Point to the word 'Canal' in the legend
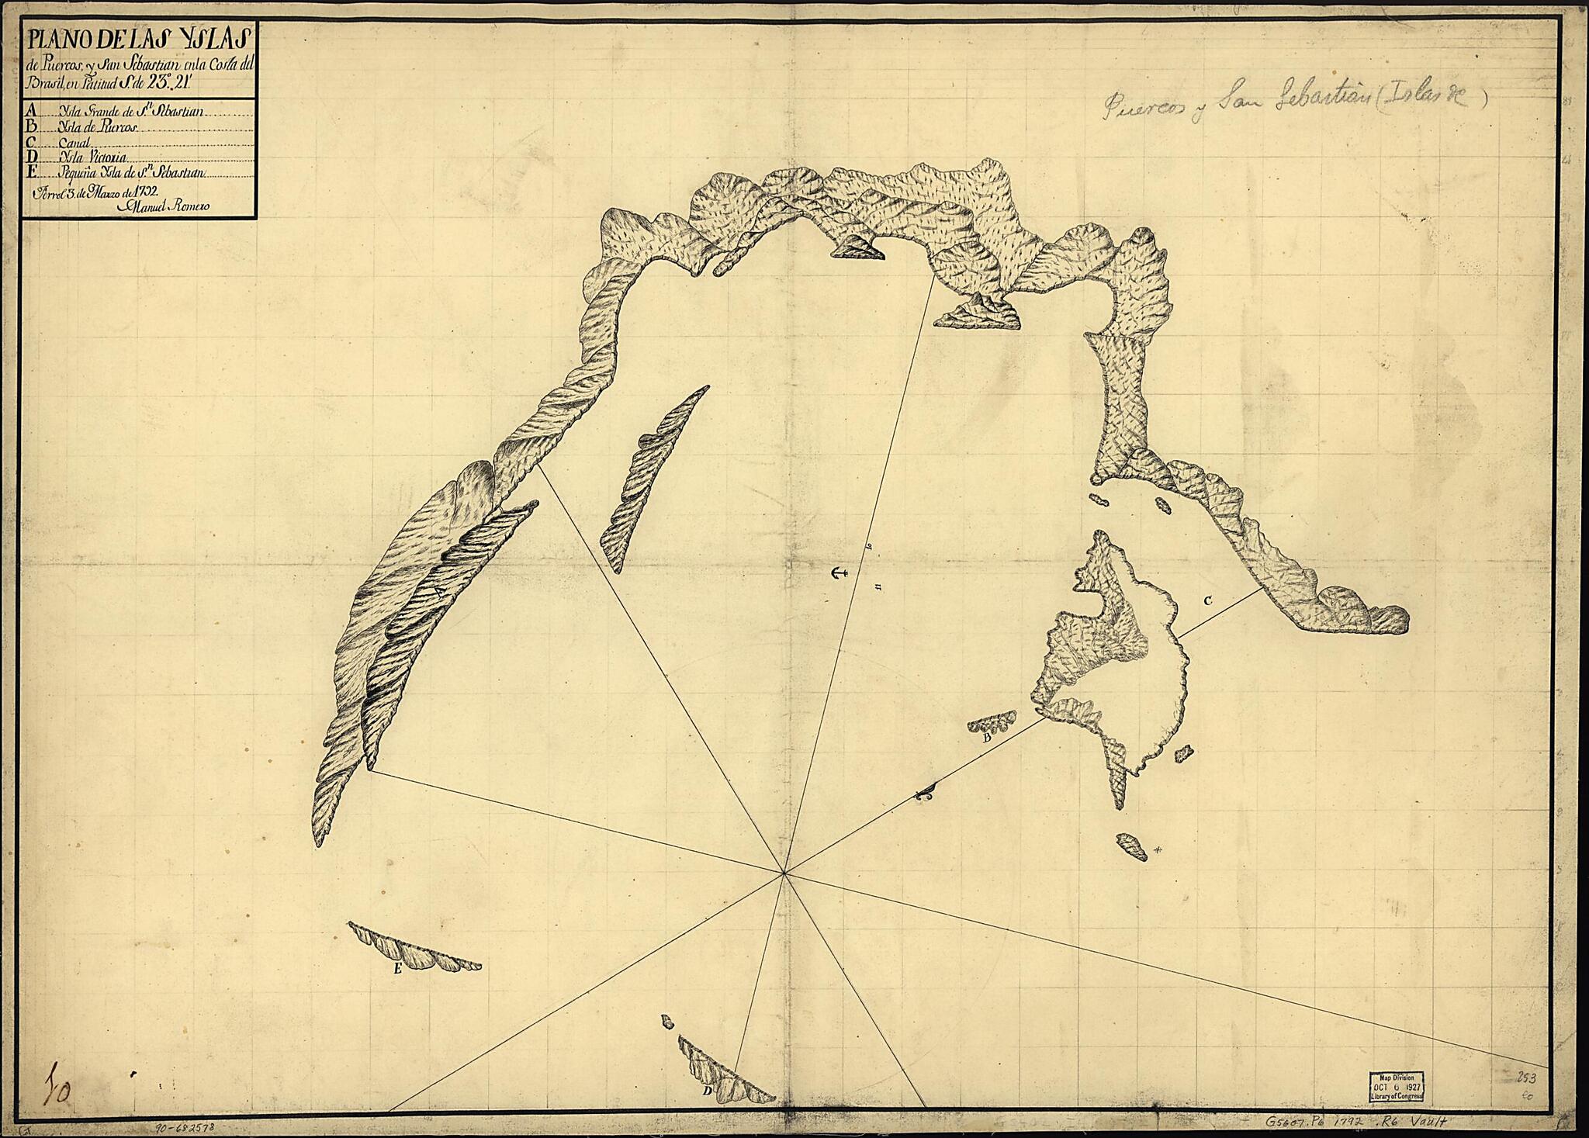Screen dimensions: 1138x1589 pos(74,144)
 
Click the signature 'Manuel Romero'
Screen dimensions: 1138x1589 pos(164,206)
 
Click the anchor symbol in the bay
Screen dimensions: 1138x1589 pos(836,574)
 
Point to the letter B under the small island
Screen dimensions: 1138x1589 pos(987,738)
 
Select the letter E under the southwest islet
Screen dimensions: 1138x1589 pos(397,969)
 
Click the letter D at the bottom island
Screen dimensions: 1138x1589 pos(707,1091)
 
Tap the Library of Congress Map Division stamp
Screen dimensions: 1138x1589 pos(1396,1086)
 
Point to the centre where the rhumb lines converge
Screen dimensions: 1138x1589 pos(784,873)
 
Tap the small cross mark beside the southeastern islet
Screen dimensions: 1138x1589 pos(1158,850)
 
